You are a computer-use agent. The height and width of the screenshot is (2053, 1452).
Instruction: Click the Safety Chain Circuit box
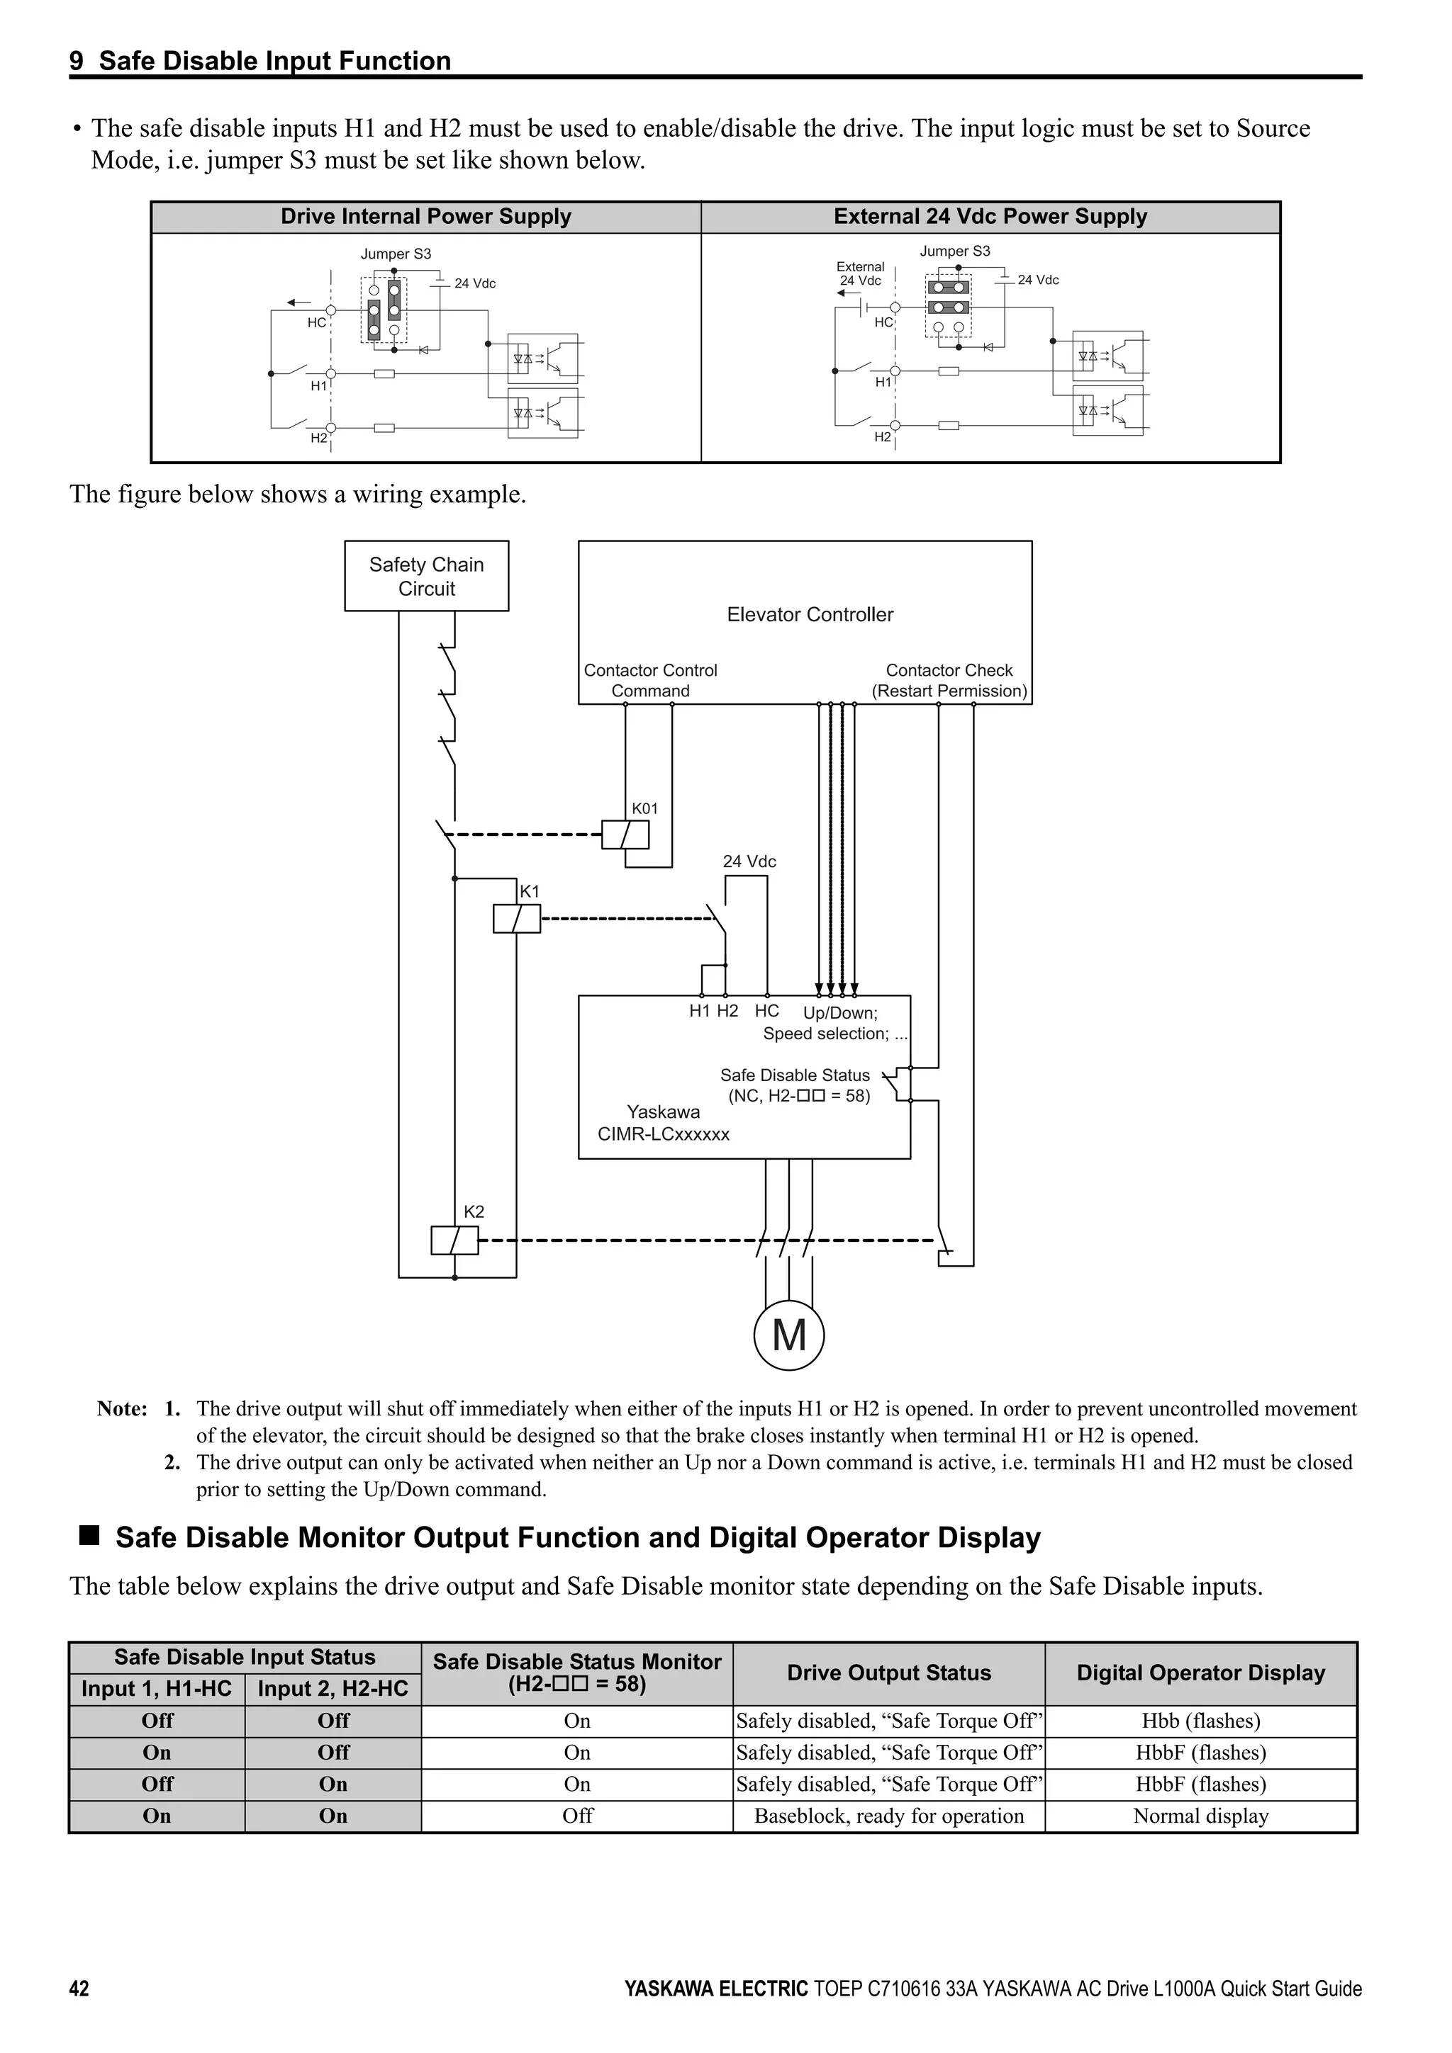[x=426, y=576]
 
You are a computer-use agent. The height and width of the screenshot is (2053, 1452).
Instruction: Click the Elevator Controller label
[x=810, y=614]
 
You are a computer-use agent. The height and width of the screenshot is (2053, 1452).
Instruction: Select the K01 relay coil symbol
[x=625, y=835]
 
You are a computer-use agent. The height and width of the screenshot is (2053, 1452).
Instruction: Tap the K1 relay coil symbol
[x=516, y=918]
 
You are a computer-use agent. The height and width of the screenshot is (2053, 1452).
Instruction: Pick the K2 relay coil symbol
[x=454, y=1240]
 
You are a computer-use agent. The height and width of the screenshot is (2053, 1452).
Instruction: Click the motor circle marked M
[x=788, y=1336]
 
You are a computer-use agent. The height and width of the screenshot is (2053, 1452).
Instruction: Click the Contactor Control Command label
[x=650, y=681]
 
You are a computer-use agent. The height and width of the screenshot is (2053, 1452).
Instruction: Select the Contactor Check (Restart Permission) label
[x=949, y=681]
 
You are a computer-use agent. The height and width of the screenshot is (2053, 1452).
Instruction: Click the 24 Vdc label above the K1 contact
[x=749, y=861]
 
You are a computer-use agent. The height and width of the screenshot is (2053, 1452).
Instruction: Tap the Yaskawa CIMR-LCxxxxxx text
[x=663, y=1123]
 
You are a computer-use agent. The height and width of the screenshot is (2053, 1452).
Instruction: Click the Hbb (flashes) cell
[x=1200, y=1720]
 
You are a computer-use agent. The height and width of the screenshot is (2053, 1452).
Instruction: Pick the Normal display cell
[x=1200, y=1816]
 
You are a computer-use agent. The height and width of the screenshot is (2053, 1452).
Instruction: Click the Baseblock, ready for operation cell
[x=888, y=1816]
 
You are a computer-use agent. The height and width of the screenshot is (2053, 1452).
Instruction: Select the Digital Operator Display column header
[x=1200, y=1673]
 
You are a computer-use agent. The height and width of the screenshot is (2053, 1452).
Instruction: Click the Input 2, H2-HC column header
[x=333, y=1688]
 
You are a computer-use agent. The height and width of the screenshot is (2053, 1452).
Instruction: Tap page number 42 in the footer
[x=79, y=2013]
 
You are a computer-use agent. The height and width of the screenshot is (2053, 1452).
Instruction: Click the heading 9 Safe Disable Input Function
[x=260, y=61]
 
